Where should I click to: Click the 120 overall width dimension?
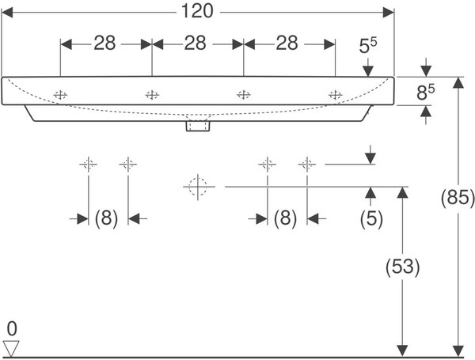pos(197,11)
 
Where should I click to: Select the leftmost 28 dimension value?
pos(104,43)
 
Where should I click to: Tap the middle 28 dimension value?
pos(196,43)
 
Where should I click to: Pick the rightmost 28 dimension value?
pos(287,43)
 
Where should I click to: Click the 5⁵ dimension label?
pos(368,45)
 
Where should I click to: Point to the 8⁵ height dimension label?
pos(426,92)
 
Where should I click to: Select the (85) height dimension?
pos(458,198)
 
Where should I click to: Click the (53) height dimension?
pos(403,267)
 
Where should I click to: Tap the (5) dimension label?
pos(371,218)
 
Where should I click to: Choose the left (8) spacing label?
pos(106,218)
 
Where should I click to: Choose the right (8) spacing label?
pos(285,218)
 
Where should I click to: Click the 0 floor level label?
pos(12,329)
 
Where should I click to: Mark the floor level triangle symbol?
pos(11,348)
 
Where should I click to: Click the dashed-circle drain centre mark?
pos(198,187)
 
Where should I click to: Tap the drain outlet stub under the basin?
pos(198,125)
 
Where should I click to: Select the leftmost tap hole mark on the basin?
pos(60,95)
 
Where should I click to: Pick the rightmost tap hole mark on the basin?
pos(336,95)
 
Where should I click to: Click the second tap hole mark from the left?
pos(152,95)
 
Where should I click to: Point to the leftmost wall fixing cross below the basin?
pos(88,165)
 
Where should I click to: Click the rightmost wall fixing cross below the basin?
pos(307,165)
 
